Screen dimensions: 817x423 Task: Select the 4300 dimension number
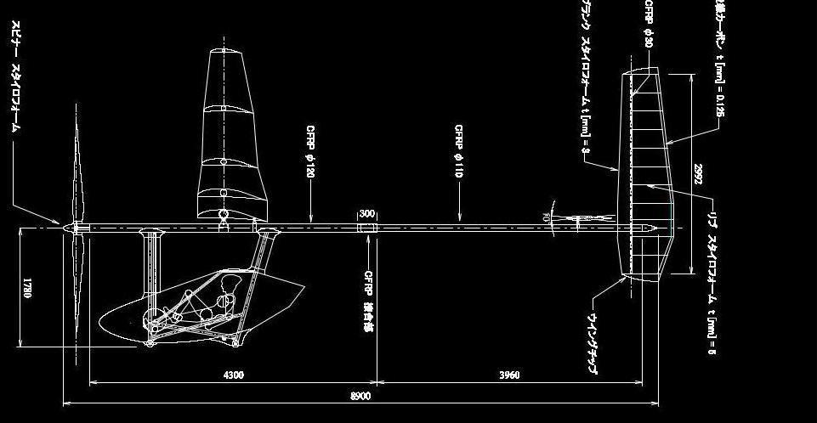(234, 375)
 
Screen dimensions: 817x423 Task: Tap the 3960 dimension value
(508, 375)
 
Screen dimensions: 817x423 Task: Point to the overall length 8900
(360, 396)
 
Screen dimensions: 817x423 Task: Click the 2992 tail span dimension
(697, 174)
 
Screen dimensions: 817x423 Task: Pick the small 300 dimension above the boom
(367, 214)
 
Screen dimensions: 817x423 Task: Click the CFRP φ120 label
(311, 152)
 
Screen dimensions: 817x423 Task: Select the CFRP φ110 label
(458, 150)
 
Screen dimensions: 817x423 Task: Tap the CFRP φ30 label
(649, 24)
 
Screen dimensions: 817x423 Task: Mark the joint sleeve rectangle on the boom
(366, 227)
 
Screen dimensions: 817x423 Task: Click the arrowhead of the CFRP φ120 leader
(311, 220)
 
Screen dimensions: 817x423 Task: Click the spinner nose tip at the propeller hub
(60, 226)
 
